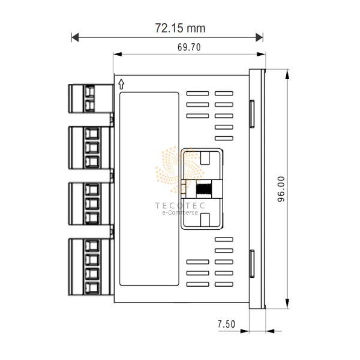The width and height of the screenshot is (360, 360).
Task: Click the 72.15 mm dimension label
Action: coord(180,28)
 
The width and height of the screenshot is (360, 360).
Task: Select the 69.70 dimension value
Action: coord(189,47)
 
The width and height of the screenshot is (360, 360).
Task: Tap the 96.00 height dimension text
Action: coord(281,189)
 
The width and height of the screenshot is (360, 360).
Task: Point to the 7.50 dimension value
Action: coord(226,324)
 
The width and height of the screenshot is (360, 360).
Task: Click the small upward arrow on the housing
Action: coord(121,84)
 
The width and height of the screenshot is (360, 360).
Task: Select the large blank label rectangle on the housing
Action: coord(149,189)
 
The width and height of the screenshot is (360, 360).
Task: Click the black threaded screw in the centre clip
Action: coord(204,189)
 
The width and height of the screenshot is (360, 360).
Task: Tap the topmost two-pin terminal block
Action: coord(91,99)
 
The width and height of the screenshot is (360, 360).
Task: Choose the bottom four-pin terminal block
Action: coord(91,267)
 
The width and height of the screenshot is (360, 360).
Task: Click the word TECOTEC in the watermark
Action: coord(180,205)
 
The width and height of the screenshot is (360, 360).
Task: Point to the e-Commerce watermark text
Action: coord(180,212)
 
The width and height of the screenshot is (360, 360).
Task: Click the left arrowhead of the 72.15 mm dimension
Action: coord(75,37)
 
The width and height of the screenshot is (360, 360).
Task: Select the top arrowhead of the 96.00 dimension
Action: coord(287,74)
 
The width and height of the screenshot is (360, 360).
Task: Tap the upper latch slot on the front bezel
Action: coord(252,113)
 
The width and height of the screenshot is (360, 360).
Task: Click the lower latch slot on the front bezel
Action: coord(252,263)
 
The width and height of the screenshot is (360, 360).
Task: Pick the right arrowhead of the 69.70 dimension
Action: coord(261,54)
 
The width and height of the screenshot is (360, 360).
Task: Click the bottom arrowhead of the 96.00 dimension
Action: coord(287,303)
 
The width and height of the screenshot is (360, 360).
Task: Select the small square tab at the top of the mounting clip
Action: coord(205,158)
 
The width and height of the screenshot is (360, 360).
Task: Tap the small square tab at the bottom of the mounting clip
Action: coord(205,220)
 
